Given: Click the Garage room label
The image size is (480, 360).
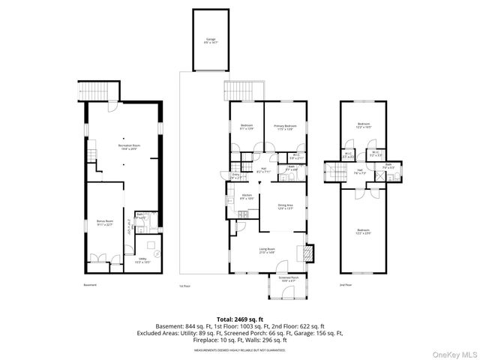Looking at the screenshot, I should tap(211, 41).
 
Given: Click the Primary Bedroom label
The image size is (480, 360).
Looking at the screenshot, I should tap(284, 127).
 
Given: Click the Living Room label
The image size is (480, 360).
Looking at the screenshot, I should tap(266, 251).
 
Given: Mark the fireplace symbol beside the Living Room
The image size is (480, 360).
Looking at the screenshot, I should tap(310, 253).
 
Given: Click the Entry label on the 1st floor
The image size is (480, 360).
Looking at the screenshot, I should tap(236, 177).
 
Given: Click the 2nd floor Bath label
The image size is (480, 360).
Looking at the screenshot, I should tap(388, 165).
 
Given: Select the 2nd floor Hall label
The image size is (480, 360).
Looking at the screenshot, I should tap(361, 172).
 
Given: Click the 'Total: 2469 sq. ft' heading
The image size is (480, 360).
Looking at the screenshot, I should tap(240, 319).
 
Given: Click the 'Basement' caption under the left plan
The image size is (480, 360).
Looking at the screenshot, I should tap(91, 285).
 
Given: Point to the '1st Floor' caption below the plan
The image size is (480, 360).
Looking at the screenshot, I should tap(184, 286).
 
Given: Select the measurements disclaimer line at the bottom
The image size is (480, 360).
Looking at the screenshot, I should tap(240, 349).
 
